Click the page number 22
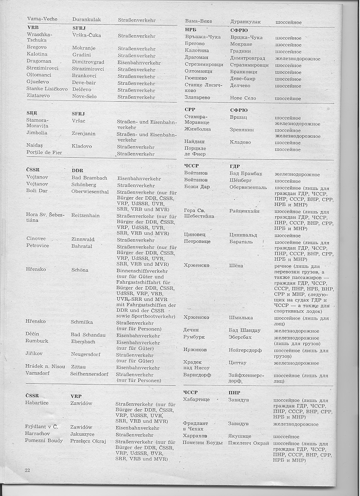coord(28,470)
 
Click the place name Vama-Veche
coord(42,19)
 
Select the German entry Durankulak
coord(86,19)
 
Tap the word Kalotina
coord(37,54)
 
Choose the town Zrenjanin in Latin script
coord(83,134)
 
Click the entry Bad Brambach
coord(89,178)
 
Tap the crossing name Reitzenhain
coord(86,215)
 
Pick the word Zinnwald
coord(83,240)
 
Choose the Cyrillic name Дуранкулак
coord(246,22)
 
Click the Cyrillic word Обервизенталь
coord(248,187)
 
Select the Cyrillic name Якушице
coord(240,436)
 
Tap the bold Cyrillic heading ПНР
coord(234,393)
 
